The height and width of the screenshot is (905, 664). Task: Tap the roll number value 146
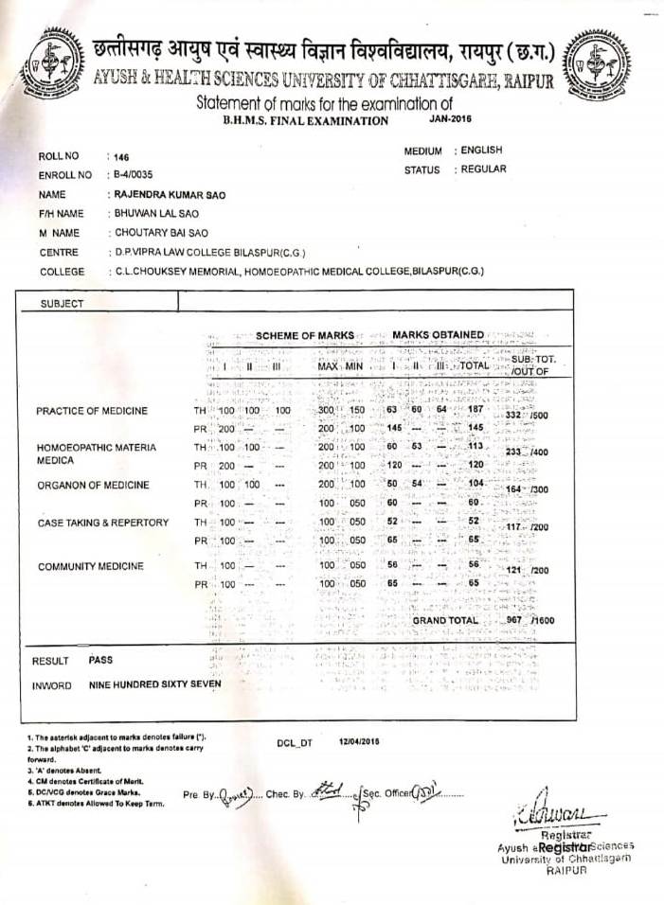click(119, 156)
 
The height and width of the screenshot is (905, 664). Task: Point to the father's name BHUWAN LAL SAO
click(155, 213)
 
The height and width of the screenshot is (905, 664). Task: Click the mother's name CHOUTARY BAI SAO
click(160, 232)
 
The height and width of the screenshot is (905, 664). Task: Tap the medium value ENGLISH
click(482, 151)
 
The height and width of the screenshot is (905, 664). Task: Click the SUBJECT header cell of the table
click(62, 303)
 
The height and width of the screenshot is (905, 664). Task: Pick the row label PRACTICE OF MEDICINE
click(92, 411)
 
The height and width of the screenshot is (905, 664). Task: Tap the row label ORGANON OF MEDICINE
click(93, 485)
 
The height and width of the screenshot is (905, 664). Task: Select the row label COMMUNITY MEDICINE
click(91, 566)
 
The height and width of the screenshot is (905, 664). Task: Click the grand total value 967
click(514, 620)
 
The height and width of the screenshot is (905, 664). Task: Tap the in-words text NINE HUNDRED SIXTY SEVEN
click(154, 683)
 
